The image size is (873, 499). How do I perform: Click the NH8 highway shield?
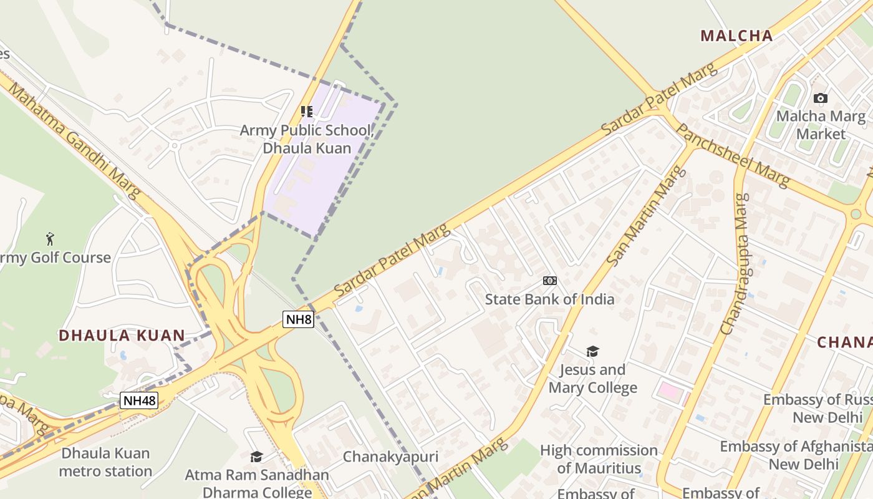pyautogui.click(x=298, y=319)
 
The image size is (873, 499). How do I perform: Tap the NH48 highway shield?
pyautogui.click(x=138, y=400)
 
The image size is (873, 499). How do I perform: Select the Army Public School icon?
pyautogui.click(x=306, y=112)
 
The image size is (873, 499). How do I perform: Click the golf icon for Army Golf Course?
pyautogui.click(x=50, y=238)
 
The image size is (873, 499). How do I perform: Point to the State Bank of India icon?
pyautogui.click(x=549, y=281)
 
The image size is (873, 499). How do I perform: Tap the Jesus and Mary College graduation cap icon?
pyautogui.click(x=592, y=351)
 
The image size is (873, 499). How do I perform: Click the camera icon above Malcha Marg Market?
pyautogui.click(x=821, y=98)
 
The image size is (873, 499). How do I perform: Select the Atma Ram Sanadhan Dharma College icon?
pyautogui.click(x=256, y=457)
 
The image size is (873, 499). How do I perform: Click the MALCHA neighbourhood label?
pyautogui.click(x=736, y=36)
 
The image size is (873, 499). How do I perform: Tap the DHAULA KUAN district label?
pyautogui.click(x=122, y=336)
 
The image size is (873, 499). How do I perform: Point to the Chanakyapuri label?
pyautogui.click(x=390, y=457)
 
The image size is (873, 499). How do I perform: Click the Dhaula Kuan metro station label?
pyautogui.click(x=105, y=462)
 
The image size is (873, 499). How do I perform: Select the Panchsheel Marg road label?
pyautogui.click(x=732, y=155)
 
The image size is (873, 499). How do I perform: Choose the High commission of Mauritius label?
pyautogui.click(x=599, y=459)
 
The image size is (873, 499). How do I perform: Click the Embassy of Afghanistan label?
pyautogui.click(x=796, y=455)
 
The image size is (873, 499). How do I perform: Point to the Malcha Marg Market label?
pyautogui.click(x=821, y=125)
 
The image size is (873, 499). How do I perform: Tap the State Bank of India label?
pyautogui.click(x=549, y=299)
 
